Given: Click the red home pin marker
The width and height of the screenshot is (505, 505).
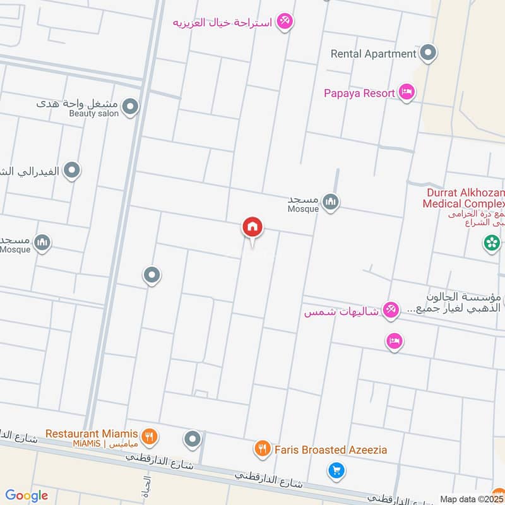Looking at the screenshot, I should (x=252, y=227).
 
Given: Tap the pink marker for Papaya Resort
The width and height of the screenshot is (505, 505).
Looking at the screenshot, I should (x=407, y=93).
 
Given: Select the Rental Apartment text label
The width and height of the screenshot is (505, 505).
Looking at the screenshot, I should (x=373, y=54).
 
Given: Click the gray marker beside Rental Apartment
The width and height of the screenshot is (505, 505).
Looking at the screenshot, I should (x=429, y=53).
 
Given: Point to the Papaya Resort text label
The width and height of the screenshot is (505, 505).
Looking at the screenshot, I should (x=359, y=93).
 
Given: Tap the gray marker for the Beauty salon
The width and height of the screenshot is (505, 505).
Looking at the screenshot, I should (x=130, y=107).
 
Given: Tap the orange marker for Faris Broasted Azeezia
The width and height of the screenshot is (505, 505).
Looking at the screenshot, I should (x=262, y=449).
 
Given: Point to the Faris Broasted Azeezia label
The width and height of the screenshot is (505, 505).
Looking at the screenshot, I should (x=331, y=450).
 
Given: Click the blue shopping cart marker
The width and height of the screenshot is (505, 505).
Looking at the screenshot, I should (x=336, y=470).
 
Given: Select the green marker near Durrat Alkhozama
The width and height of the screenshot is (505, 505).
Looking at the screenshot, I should (x=492, y=242).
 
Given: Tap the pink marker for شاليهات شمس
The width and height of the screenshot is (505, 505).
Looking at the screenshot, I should (x=391, y=309).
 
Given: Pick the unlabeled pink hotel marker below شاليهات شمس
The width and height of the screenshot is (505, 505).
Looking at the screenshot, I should (x=395, y=342).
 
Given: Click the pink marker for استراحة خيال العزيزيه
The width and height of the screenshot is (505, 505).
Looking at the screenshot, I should (x=285, y=21).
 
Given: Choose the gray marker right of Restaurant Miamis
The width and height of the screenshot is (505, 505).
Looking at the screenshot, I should (x=193, y=438).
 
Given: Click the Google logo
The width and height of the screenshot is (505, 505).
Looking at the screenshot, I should (x=27, y=496).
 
